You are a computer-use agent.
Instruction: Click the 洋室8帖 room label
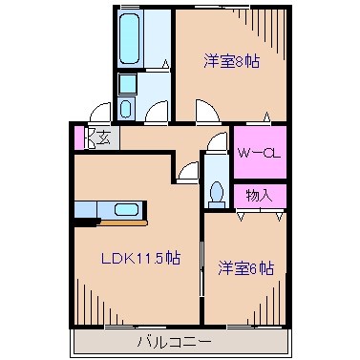click(x=232, y=62)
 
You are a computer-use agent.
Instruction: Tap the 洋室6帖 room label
click(x=245, y=268)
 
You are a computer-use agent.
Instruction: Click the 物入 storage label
click(x=259, y=196)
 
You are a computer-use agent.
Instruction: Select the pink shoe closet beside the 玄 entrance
click(x=79, y=138)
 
